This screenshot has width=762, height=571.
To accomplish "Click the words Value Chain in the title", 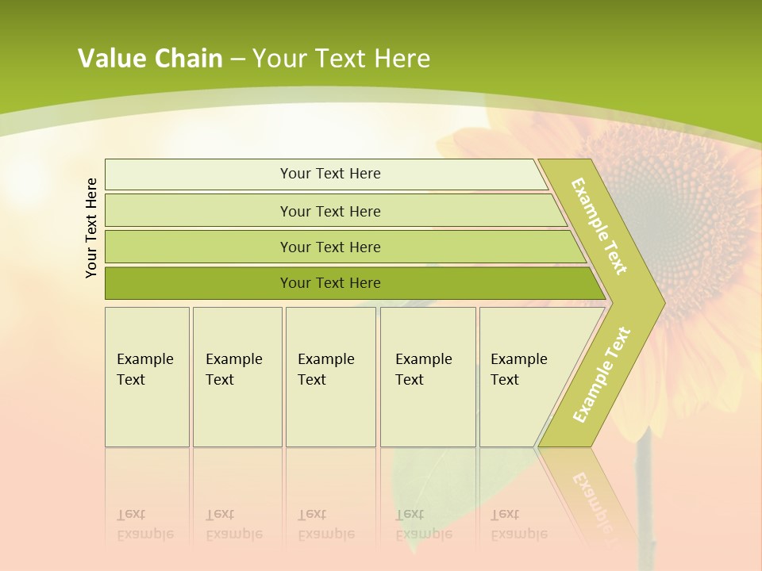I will pos(150,59).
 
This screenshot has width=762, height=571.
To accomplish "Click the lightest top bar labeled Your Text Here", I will pos(329,174).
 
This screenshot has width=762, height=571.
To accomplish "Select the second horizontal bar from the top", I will pos(329,211).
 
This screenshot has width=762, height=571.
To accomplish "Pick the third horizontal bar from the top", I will pos(329,247).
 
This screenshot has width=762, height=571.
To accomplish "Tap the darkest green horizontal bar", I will pos(329,283).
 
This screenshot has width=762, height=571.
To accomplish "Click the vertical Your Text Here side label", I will pos(91,228).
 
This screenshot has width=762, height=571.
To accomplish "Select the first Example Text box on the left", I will pos(147,377).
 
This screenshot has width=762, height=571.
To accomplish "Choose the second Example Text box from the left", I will pos(237,377).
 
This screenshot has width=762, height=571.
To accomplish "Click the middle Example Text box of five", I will pos(330,377).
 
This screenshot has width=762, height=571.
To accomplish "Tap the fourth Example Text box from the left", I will pos(427,377).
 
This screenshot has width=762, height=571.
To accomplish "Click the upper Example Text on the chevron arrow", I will pos(599,226).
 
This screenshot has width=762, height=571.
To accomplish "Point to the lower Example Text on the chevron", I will pos(602,374).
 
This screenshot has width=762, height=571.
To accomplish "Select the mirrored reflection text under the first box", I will pos(145,524).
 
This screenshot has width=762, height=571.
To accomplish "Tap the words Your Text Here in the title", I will pos(341,59).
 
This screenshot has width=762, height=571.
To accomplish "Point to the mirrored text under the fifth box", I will pos(518,524).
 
